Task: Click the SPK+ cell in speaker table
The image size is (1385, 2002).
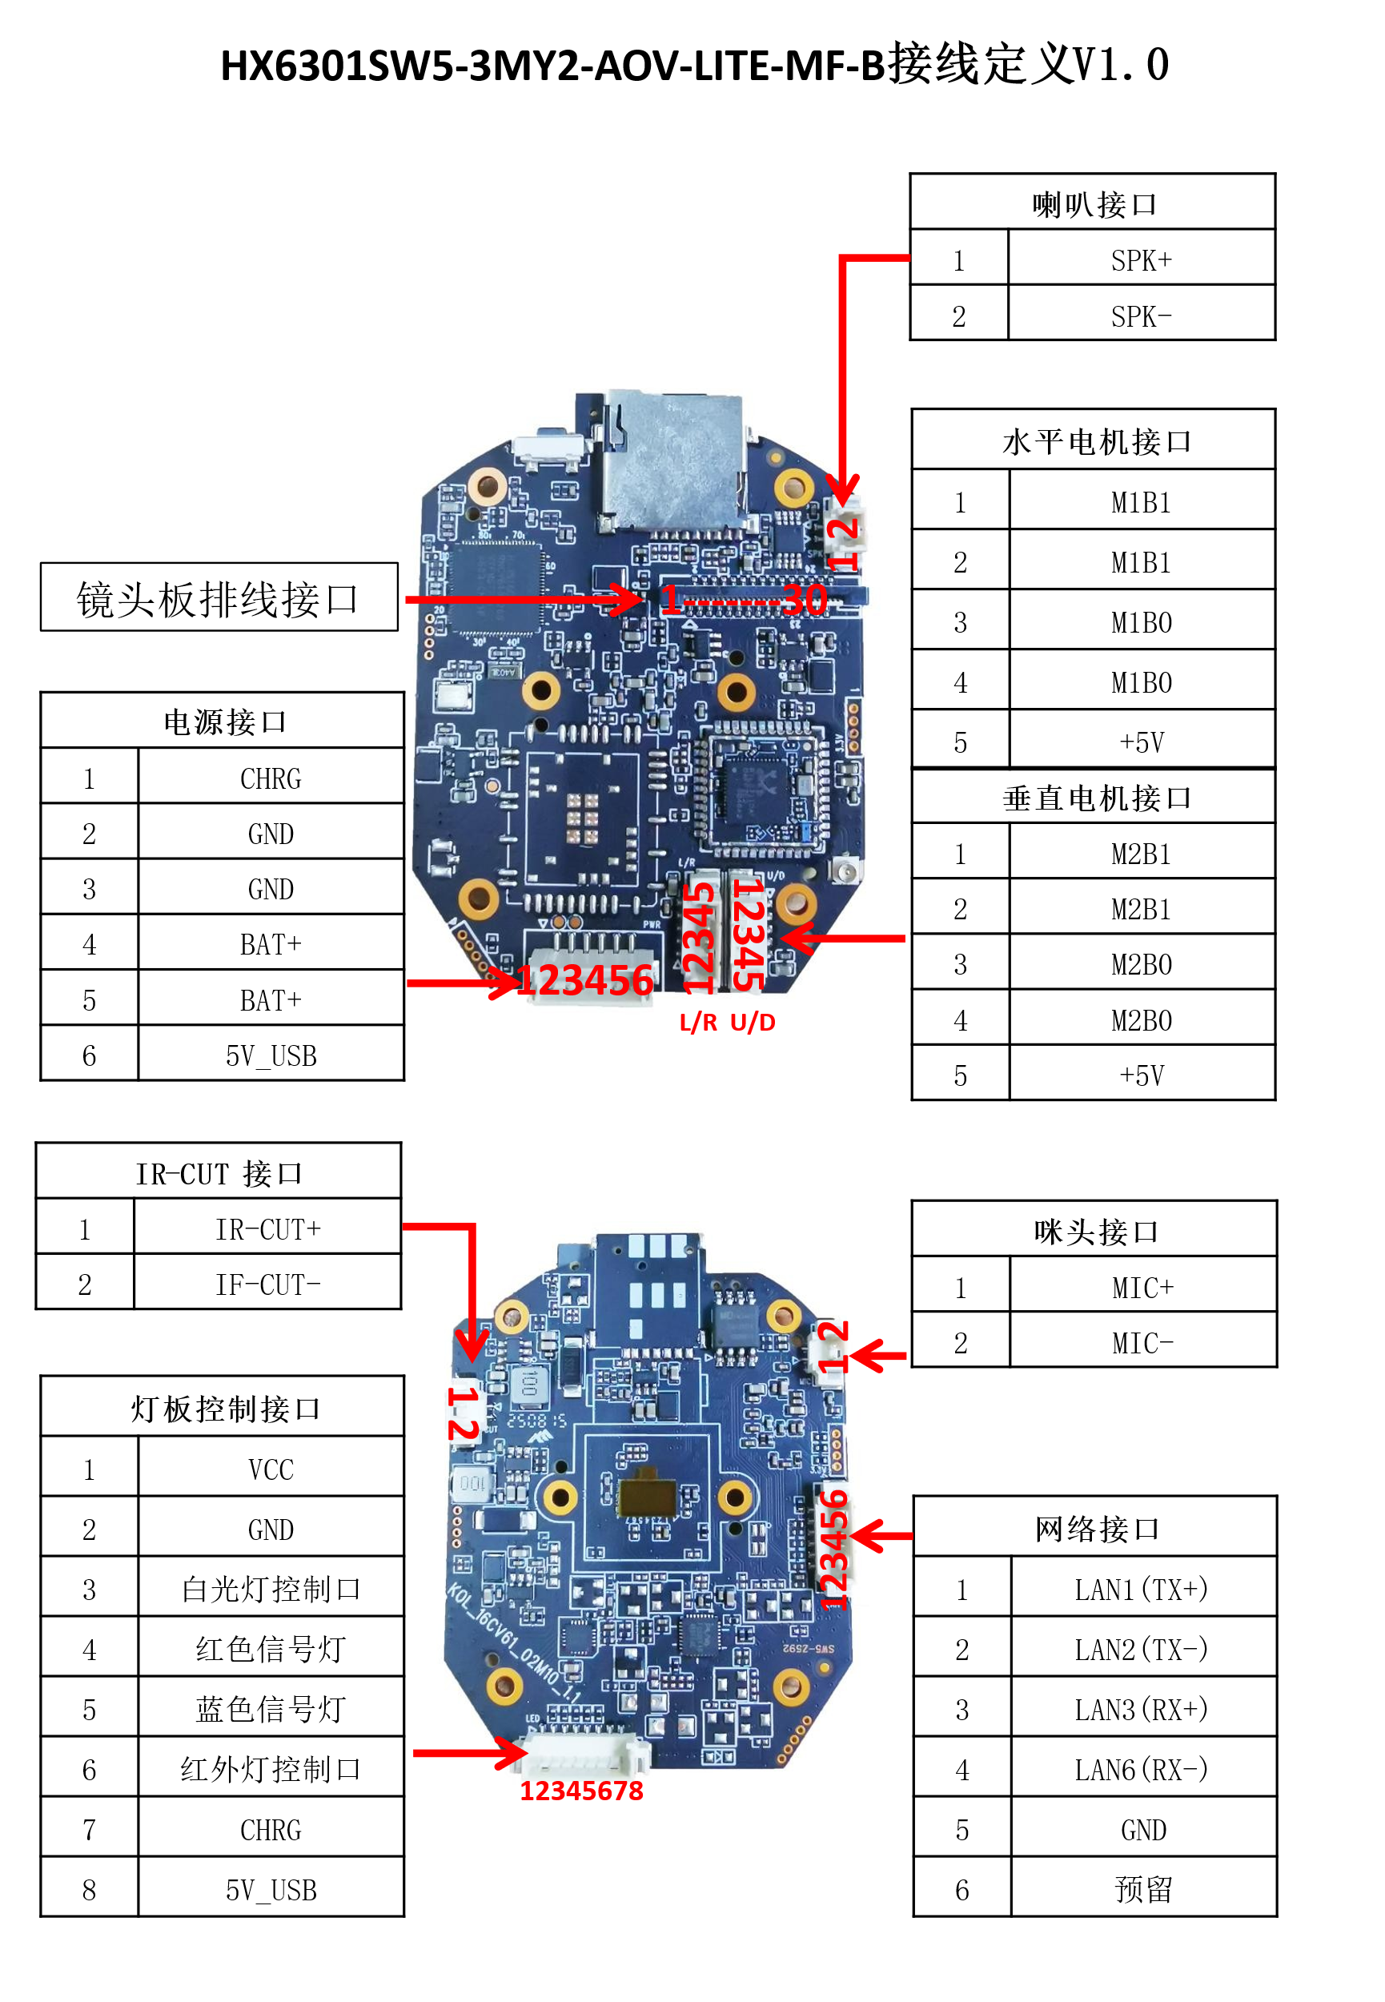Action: (x=1140, y=259)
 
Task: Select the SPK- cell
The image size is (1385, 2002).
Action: (x=1140, y=316)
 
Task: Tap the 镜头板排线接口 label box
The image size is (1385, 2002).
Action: (x=219, y=598)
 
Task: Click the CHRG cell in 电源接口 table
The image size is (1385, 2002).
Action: (x=270, y=778)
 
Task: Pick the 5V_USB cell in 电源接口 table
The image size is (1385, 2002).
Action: (x=270, y=1055)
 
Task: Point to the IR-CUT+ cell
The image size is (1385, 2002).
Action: (x=267, y=1228)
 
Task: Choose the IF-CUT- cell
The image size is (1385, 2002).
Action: (x=267, y=1284)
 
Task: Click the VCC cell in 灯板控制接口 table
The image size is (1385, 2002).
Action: (x=270, y=1469)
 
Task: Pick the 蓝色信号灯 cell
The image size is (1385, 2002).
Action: (x=270, y=1709)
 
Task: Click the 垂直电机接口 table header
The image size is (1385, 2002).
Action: (x=1095, y=798)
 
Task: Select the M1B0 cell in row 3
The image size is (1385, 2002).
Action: (x=1140, y=622)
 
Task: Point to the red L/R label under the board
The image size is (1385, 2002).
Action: (x=698, y=1023)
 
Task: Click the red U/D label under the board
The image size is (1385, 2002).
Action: (x=753, y=1023)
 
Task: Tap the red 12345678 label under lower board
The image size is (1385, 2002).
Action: (x=581, y=1791)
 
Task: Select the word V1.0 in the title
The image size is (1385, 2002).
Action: (x=1120, y=65)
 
